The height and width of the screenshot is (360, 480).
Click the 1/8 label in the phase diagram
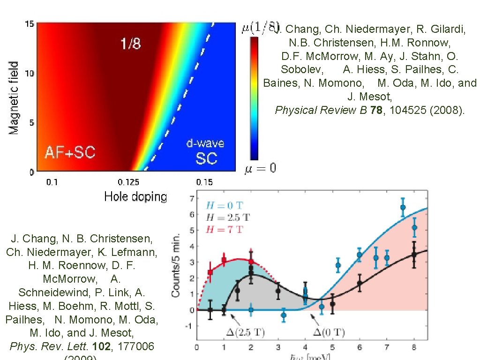click(130, 44)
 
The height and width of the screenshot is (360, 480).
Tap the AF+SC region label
click(70, 152)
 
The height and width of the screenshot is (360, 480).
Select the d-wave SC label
click(206, 151)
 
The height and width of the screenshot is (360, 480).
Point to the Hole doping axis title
click(135, 196)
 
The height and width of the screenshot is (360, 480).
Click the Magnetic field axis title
click(14, 97)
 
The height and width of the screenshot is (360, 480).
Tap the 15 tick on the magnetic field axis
click(29, 24)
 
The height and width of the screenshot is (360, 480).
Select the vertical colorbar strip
click(254, 99)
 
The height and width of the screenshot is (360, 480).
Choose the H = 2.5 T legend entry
click(228, 217)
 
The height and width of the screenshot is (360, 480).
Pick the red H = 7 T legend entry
click(225, 229)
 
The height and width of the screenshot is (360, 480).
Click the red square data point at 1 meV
click(224, 260)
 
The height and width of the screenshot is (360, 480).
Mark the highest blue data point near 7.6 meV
click(403, 207)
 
